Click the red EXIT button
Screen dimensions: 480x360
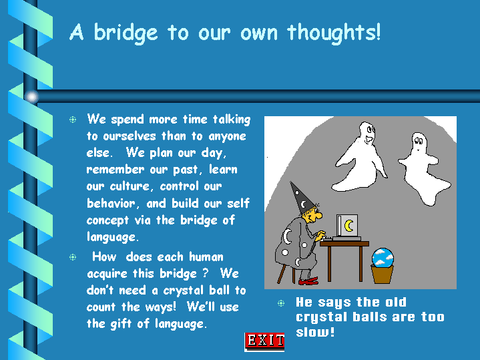[264, 341]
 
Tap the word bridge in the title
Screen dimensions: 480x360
[126, 33]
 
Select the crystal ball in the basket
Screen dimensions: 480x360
[383, 257]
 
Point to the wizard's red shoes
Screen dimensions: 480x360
[308, 281]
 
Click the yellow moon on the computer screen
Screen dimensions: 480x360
[349, 226]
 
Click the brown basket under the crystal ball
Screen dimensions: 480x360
[383, 275]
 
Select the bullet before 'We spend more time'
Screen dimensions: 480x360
[73, 120]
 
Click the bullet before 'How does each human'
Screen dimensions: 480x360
[73, 256]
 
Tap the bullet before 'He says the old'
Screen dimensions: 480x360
[281, 303]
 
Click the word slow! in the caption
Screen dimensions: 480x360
[315, 332]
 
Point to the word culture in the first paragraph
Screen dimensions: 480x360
[130, 186]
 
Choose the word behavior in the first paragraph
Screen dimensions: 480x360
[111, 203]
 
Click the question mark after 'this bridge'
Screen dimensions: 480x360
[206, 273]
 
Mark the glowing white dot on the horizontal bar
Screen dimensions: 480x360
[32, 97]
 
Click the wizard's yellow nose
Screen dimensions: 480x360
[318, 215]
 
